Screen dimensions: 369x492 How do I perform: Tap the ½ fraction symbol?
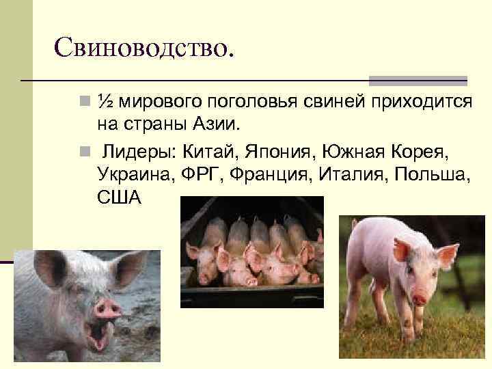(105, 101)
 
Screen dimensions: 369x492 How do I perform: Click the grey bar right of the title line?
(418, 80)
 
